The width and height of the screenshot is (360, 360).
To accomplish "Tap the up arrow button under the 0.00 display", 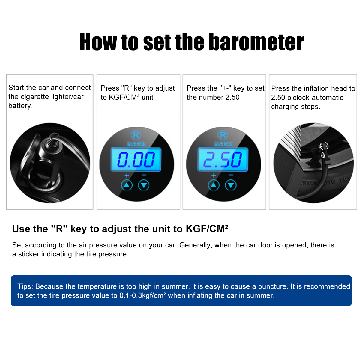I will tap(127, 185).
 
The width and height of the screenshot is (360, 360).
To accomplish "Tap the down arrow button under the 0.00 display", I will tap(144, 185).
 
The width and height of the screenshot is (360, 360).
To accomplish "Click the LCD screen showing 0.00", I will tap(136, 159).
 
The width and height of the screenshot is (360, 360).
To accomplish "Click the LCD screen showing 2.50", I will tap(223, 159).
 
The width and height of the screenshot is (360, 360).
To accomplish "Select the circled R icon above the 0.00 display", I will tap(136, 135).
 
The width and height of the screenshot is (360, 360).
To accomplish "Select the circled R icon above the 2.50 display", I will tap(223, 135).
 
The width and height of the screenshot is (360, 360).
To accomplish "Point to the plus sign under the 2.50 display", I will tap(214, 175).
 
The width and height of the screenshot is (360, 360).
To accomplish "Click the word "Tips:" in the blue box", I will tap(25, 286).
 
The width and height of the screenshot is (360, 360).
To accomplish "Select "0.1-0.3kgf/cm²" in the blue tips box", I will tap(143, 295).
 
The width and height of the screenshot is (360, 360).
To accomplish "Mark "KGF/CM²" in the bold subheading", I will tap(207, 229).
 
